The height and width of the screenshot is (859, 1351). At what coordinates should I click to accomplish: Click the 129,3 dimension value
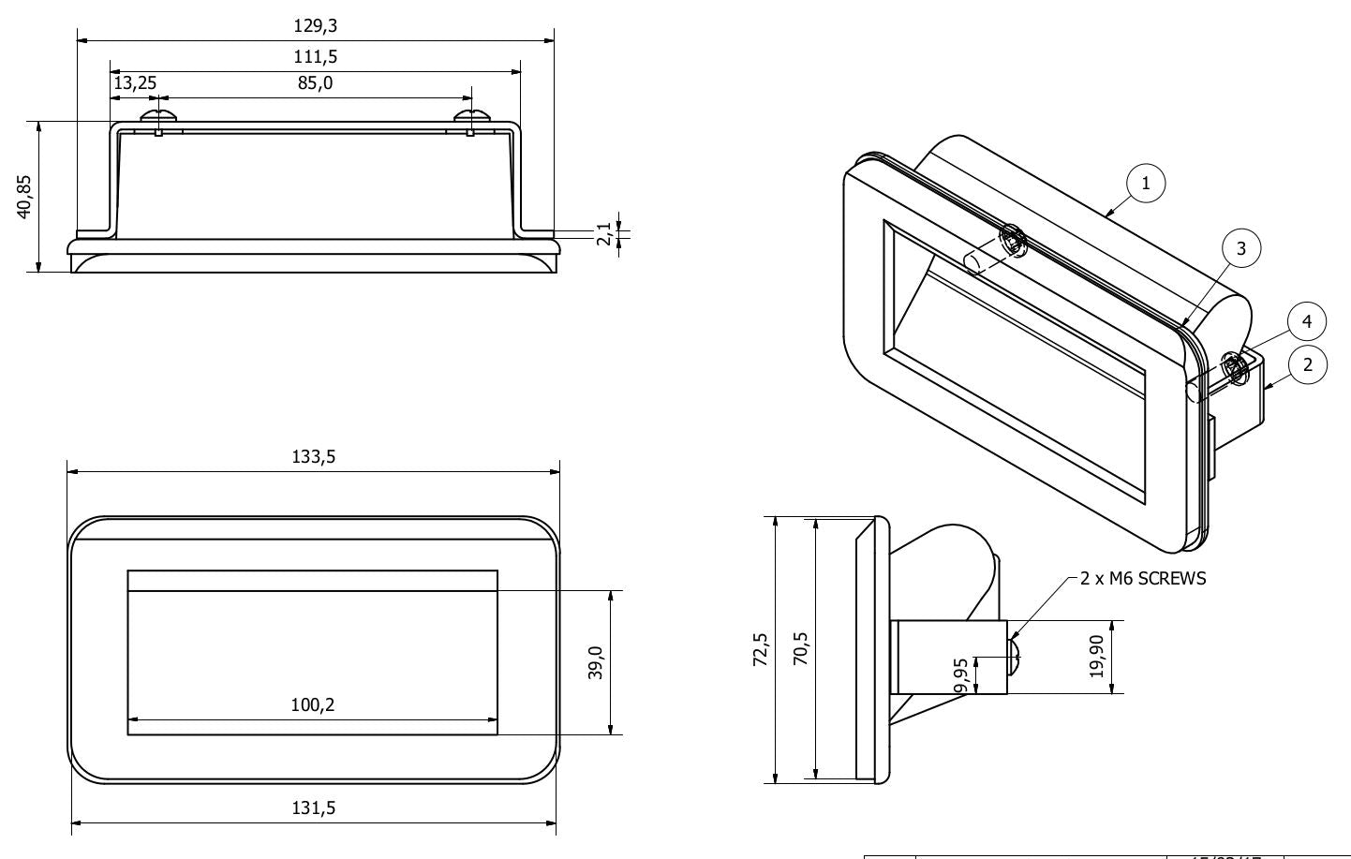[x=315, y=25]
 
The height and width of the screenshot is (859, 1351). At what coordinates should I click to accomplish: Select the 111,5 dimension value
[x=315, y=56]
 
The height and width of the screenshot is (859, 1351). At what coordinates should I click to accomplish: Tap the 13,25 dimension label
[x=135, y=83]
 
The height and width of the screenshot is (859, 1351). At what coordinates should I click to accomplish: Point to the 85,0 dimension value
[x=315, y=83]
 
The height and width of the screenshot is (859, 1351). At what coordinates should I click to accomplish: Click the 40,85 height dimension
[x=25, y=196]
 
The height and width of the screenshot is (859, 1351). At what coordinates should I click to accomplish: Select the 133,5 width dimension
[x=314, y=457]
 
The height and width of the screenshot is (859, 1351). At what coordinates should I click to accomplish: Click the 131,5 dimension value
[x=314, y=807]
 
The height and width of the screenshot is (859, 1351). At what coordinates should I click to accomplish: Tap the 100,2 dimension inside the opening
[x=312, y=704]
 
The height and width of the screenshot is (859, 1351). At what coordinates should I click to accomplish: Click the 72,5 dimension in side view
[x=761, y=649]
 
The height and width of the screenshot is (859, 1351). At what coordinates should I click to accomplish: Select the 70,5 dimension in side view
[x=801, y=649]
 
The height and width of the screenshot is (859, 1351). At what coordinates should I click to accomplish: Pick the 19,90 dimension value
[x=1096, y=656]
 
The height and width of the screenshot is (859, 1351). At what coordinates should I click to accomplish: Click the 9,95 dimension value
[x=961, y=674]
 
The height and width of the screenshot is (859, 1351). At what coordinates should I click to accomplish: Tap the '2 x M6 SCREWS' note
[x=1143, y=578]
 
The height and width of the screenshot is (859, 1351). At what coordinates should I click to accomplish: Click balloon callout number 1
[x=1146, y=184]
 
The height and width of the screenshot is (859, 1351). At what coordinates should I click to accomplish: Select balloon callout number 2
[x=1308, y=364]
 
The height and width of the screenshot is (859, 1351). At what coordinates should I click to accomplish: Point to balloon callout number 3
[x=1241, y=248]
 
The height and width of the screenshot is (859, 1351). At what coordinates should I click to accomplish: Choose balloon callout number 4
[x=1307, y=322]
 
